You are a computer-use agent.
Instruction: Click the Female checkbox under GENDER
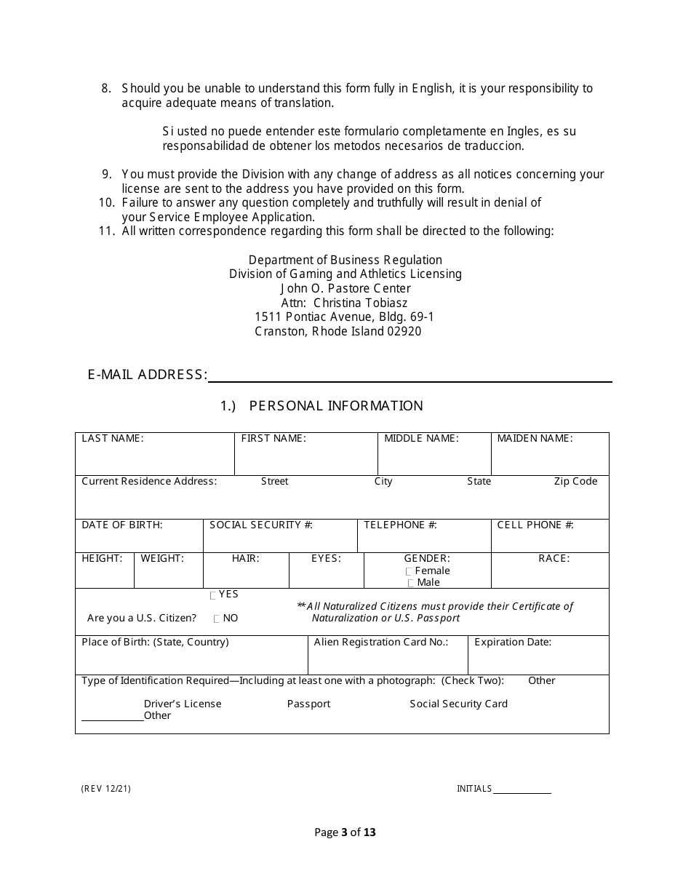410,572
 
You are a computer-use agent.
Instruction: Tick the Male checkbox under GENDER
412,584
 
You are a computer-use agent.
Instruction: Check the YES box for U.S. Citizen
213,595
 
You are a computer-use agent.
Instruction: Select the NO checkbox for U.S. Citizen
217,619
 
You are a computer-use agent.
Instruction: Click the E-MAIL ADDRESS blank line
410,376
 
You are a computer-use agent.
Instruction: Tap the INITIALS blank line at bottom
522,789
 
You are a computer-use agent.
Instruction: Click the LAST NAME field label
113,439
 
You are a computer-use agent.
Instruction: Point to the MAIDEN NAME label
535,439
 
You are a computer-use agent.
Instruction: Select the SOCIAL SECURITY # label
261,525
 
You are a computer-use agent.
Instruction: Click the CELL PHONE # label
535,525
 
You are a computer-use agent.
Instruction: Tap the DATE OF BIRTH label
122,525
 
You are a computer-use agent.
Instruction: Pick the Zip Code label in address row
575,482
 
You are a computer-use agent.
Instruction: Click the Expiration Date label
513,643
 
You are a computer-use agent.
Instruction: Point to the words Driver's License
183,704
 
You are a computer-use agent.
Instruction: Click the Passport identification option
308,704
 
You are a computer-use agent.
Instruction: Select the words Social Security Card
458,704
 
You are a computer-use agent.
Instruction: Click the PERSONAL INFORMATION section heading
335,406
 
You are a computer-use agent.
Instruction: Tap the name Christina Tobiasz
360,303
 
